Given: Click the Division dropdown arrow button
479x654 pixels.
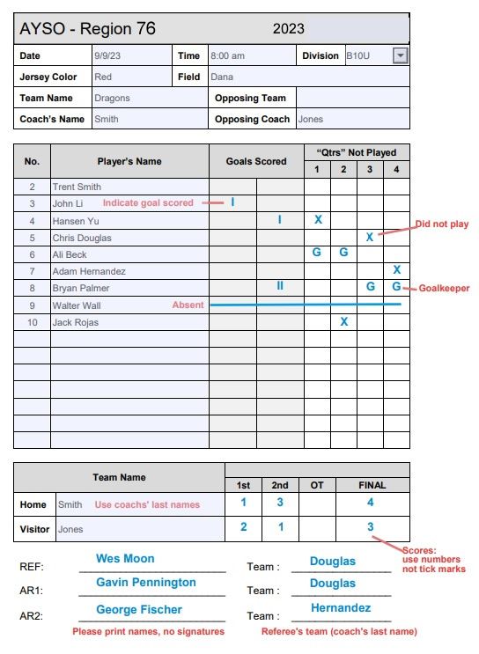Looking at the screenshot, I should (401, 55).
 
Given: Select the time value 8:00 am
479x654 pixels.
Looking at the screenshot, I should (227, 55).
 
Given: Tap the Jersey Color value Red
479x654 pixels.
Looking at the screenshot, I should (103, 77).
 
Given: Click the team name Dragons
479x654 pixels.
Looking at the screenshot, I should (113, 99).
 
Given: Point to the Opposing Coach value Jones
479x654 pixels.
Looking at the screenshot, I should (310, 119).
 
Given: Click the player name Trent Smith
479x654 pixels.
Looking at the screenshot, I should (77, 187).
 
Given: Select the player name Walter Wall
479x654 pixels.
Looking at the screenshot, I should (75, 305).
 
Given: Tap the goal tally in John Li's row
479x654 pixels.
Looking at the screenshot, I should (232, 202).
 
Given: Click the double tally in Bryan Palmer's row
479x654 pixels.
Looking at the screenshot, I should (280, 287).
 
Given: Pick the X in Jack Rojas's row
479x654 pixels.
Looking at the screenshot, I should (343, 322).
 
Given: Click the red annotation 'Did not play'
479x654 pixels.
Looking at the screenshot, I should (442, 224).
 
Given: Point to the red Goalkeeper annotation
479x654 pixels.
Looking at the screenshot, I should (444, 288).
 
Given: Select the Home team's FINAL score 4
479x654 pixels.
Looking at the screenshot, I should (370, 503).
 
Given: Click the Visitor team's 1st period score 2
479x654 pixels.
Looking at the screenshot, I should (244, 527).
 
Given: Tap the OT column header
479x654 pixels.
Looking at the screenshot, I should (317, 485).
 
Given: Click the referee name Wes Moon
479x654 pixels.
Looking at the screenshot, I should (125, 559).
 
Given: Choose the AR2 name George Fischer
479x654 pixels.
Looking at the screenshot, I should (139, 609).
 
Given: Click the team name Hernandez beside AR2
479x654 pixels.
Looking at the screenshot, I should (341, 608).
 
